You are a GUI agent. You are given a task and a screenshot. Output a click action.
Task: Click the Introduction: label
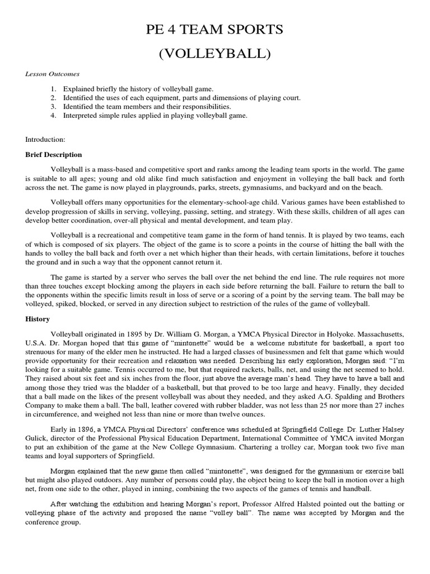[46, 138]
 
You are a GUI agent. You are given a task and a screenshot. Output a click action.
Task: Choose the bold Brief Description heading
[54, 155]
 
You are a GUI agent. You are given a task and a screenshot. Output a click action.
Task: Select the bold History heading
[38, 319]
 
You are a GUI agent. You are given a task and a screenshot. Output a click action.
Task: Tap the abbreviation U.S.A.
[37, 342]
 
